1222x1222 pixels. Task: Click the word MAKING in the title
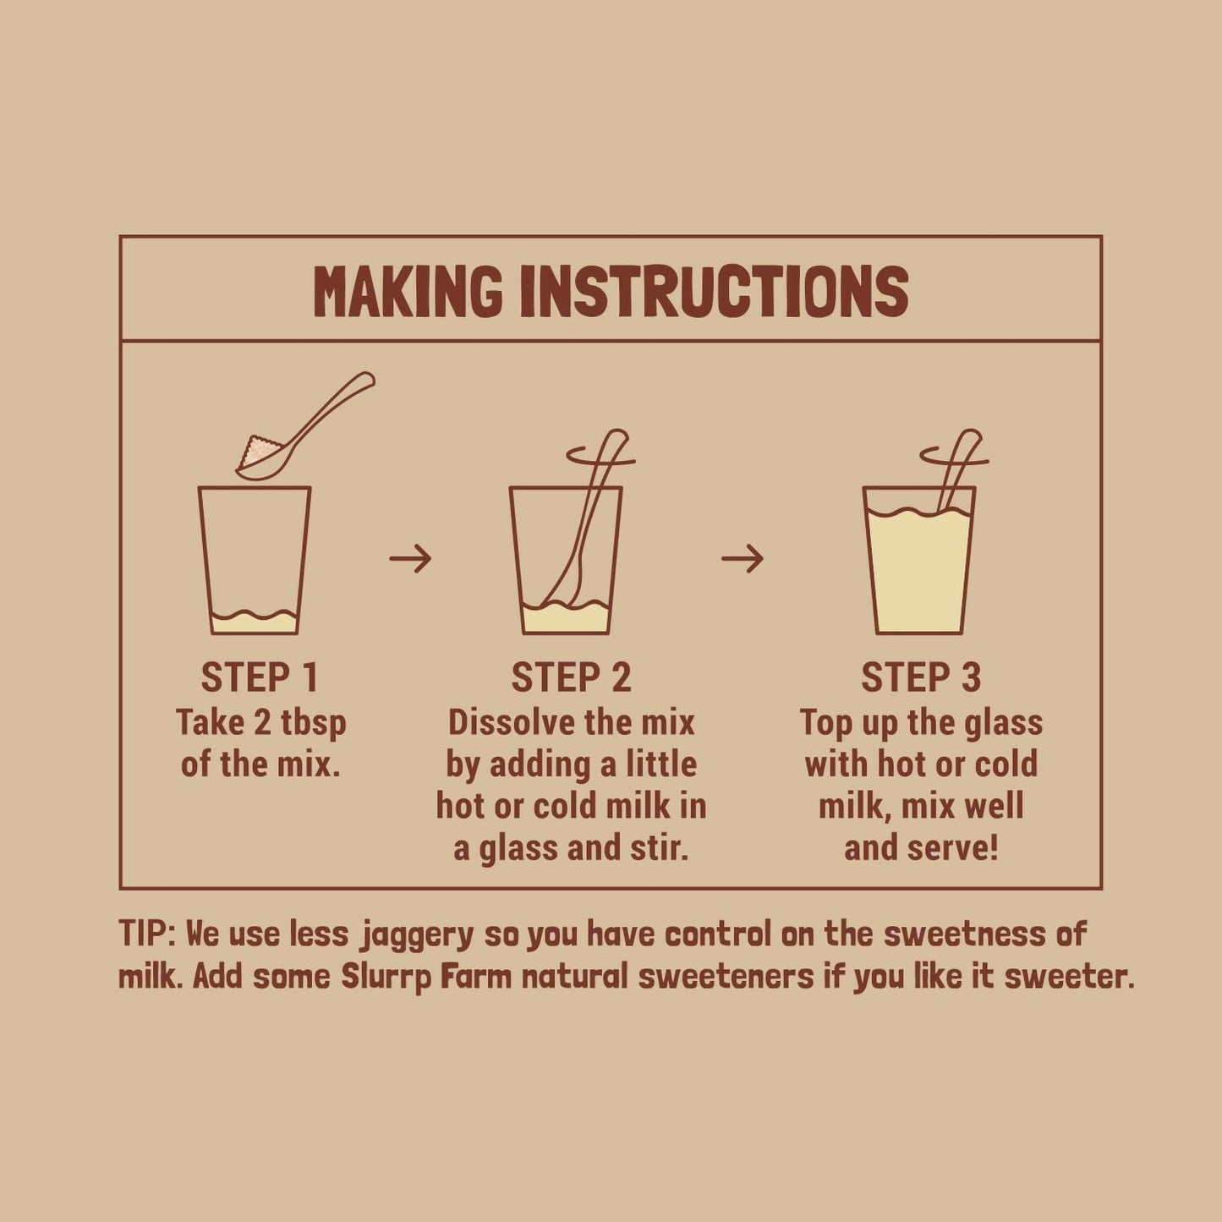coord(408,292)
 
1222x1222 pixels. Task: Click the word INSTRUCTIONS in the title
coord(714,292)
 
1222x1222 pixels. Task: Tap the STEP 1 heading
coord(260,677)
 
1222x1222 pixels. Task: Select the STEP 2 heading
coord(571,677)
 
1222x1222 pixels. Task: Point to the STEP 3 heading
coord(921,677)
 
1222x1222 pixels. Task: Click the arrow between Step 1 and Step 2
coord(411,558)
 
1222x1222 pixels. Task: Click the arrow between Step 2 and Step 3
coord(743,558)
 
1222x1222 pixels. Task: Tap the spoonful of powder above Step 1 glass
coord(259,453)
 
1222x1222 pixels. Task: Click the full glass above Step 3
coord(919,567)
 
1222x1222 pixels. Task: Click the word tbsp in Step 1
coord(314,723)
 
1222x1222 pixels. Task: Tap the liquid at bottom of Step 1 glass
coord(254,623)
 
